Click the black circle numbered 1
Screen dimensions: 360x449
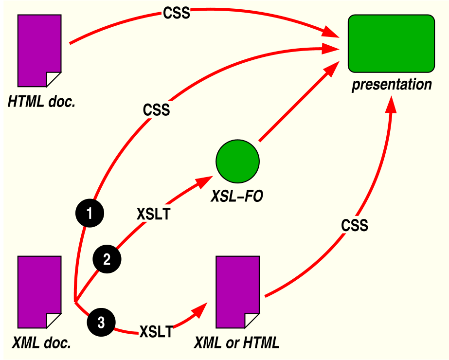click(90, 213)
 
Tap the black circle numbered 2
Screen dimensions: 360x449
click(107, 259)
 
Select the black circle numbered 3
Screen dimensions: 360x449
click(101, 322)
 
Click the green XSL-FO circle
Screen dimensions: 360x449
click(237, 160)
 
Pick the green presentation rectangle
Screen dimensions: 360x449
click(391, 43)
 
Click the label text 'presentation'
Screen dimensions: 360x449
click(392, 84)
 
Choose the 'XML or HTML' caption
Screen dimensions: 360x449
click(237, 343)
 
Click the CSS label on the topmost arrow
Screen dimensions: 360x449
click(176, 13)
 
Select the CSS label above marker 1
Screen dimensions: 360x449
click(156, 110)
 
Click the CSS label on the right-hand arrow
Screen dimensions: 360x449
click(354, 226)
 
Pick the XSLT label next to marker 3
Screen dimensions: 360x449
click(156, 332)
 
